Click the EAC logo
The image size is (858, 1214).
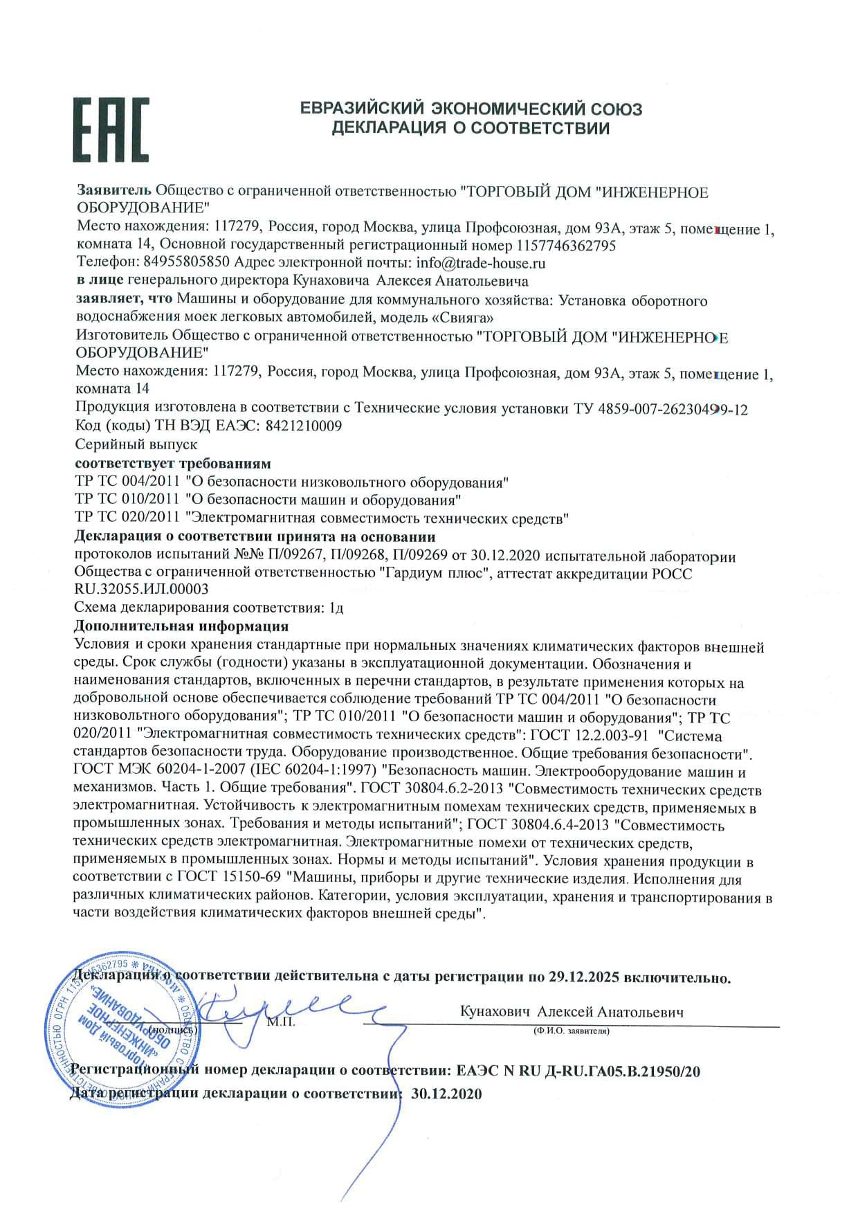[x=111, y=129]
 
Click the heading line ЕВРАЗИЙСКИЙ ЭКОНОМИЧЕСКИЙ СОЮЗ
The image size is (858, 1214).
[x=471, y=109]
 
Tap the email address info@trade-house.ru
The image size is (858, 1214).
[x=481, y=263]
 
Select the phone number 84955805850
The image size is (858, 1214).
[x=186, y=263]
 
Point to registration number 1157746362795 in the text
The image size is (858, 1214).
[x=565, y=245]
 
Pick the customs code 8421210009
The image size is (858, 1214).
[x=304, y=426]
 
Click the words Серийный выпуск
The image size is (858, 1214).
[x=136, y=444]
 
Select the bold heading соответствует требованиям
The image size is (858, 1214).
[x=172, y=463]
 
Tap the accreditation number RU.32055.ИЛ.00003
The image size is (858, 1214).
[x=141, y=589]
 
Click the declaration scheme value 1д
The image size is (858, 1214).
[x=336, y=608]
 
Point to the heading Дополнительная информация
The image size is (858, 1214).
[x=181, y=626]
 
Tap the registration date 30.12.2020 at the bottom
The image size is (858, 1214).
[x=446, y=1094]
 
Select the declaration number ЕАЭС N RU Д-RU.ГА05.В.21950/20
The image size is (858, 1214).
[x=578, y=1071]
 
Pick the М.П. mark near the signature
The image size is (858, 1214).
[x=281, y=1022]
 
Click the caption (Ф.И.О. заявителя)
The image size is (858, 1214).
[x=571, y=1031]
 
